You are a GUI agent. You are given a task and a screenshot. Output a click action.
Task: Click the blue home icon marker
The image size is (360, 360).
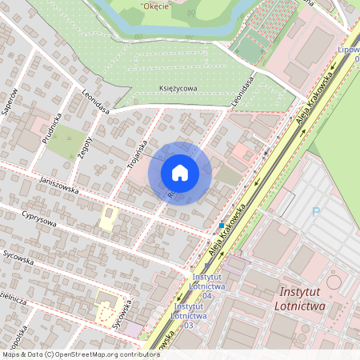(180, 173)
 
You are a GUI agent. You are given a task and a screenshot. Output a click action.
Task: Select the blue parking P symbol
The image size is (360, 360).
(315, 213)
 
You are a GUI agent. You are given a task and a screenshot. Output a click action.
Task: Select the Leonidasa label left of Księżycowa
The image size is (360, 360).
(95, 102)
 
